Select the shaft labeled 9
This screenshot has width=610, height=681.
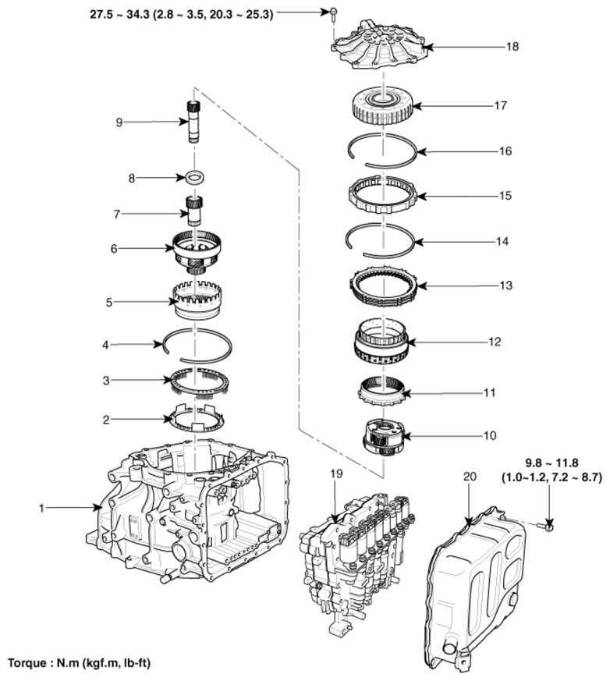coord(193,121)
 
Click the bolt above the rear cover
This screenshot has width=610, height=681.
coord(332,13)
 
